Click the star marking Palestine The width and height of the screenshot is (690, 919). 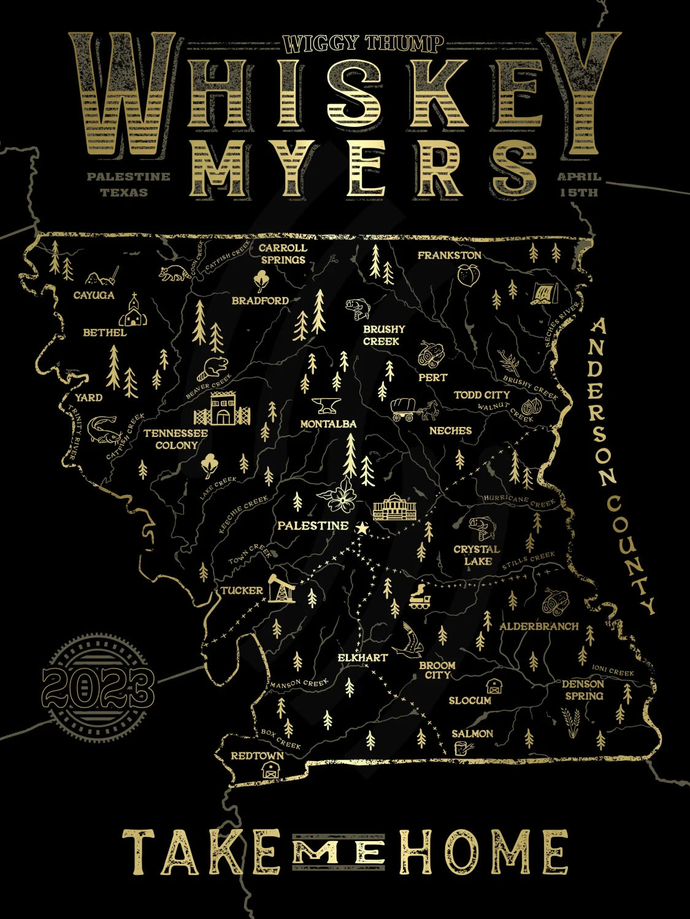pos(362,528)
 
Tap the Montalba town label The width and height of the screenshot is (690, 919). pos(328,424)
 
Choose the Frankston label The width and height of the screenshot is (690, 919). pos(449,255)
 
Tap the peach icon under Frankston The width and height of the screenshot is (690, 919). pos(467,276)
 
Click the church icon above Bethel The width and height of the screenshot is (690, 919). pos(132,311)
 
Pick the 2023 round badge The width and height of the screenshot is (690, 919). pos(98,686)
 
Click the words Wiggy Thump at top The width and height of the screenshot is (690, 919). pos(363,43)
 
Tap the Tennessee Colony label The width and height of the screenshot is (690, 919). pos(176,439)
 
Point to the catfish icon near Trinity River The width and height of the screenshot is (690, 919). pos(102,428)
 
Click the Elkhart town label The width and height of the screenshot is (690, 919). pos(363,657)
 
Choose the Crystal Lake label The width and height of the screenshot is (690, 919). pos(477,555)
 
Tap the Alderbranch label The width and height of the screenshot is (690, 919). pos(539,626)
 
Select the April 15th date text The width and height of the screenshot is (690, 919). pos(578,184)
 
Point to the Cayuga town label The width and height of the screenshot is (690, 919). pos(94,295)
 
